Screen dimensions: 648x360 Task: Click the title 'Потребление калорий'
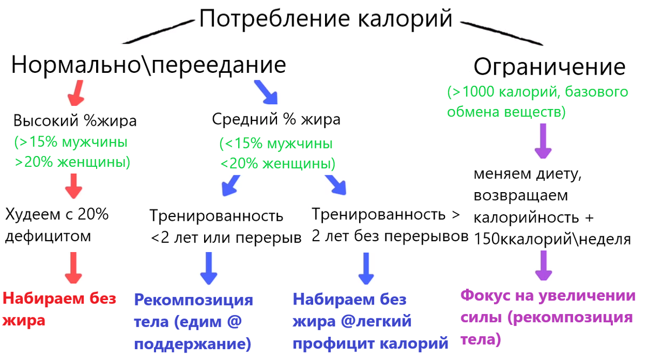(326, 19)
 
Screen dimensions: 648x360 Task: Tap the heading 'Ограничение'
(549, 67)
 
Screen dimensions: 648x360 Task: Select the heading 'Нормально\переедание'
(148, 65)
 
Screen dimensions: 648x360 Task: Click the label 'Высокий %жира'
(75, 120)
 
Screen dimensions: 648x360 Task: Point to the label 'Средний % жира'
(276, 119)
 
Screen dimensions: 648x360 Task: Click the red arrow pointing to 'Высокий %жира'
(76, 93)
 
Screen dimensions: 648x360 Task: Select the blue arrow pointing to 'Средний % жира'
(266, 92)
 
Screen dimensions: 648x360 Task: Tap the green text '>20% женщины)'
(72, 162)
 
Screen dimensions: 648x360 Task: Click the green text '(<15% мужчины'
(276, 144)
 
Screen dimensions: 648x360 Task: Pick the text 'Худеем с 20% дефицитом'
(57, 225)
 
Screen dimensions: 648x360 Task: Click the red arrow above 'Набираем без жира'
(73, 268)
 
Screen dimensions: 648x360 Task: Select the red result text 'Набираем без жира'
(59, 309)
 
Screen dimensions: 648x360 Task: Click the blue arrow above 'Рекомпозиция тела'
(208, 268)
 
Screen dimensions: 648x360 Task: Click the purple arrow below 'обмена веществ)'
(543, 141)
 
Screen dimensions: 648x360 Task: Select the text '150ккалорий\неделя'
(552, 240)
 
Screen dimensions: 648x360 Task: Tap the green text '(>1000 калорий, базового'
(537, 92)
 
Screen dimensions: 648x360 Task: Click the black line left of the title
(158, 32)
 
